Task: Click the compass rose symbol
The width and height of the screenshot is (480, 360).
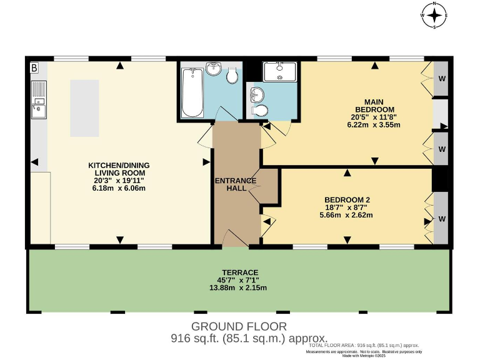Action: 434,15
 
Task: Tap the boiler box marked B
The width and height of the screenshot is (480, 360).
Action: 34,67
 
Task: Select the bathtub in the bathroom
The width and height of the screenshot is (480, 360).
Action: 192,92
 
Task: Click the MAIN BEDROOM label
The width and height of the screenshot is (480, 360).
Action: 374,106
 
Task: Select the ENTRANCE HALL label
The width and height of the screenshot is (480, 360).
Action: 236,185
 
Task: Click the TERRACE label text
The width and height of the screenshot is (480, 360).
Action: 237,272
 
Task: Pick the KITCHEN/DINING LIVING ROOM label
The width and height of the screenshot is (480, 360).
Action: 119,169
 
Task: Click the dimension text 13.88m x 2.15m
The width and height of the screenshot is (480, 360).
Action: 237,287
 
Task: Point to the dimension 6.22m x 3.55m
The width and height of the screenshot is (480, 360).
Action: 374,125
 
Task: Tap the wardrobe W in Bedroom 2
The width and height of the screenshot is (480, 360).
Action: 441,219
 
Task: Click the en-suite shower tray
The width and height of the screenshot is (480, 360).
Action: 280,72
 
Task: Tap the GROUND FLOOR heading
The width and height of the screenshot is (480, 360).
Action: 239,326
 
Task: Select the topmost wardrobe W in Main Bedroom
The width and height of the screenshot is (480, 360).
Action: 441,79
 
